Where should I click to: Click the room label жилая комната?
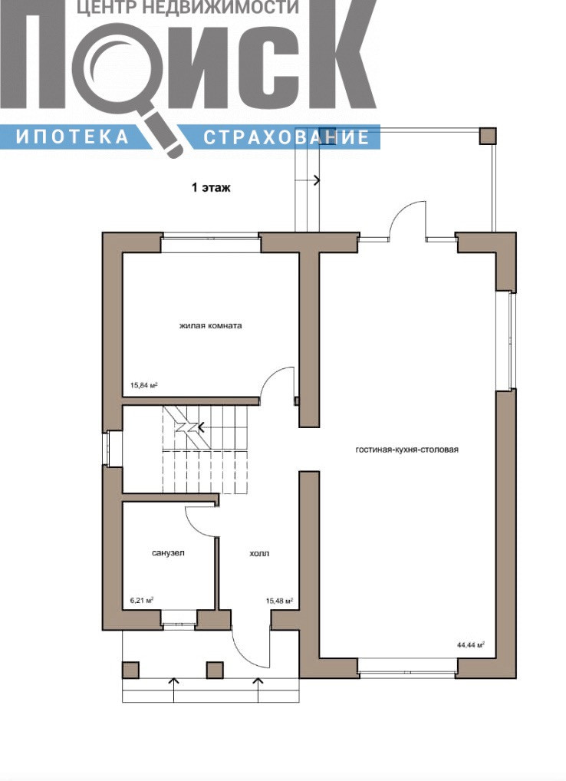(211, 326)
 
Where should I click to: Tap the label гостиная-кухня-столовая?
(407, 450)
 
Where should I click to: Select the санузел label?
(168, 553)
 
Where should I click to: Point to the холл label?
(259, 553)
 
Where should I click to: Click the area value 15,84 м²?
(144, 385)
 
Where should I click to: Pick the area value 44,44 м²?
(471, 644)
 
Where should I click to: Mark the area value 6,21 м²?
(141, 600)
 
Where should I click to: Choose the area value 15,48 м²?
(279, 601)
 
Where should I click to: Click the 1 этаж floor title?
(211, 188)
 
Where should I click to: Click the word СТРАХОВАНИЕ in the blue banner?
(286, 137)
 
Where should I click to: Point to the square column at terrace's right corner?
(487, 136)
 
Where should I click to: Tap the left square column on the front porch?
(131, 670)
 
